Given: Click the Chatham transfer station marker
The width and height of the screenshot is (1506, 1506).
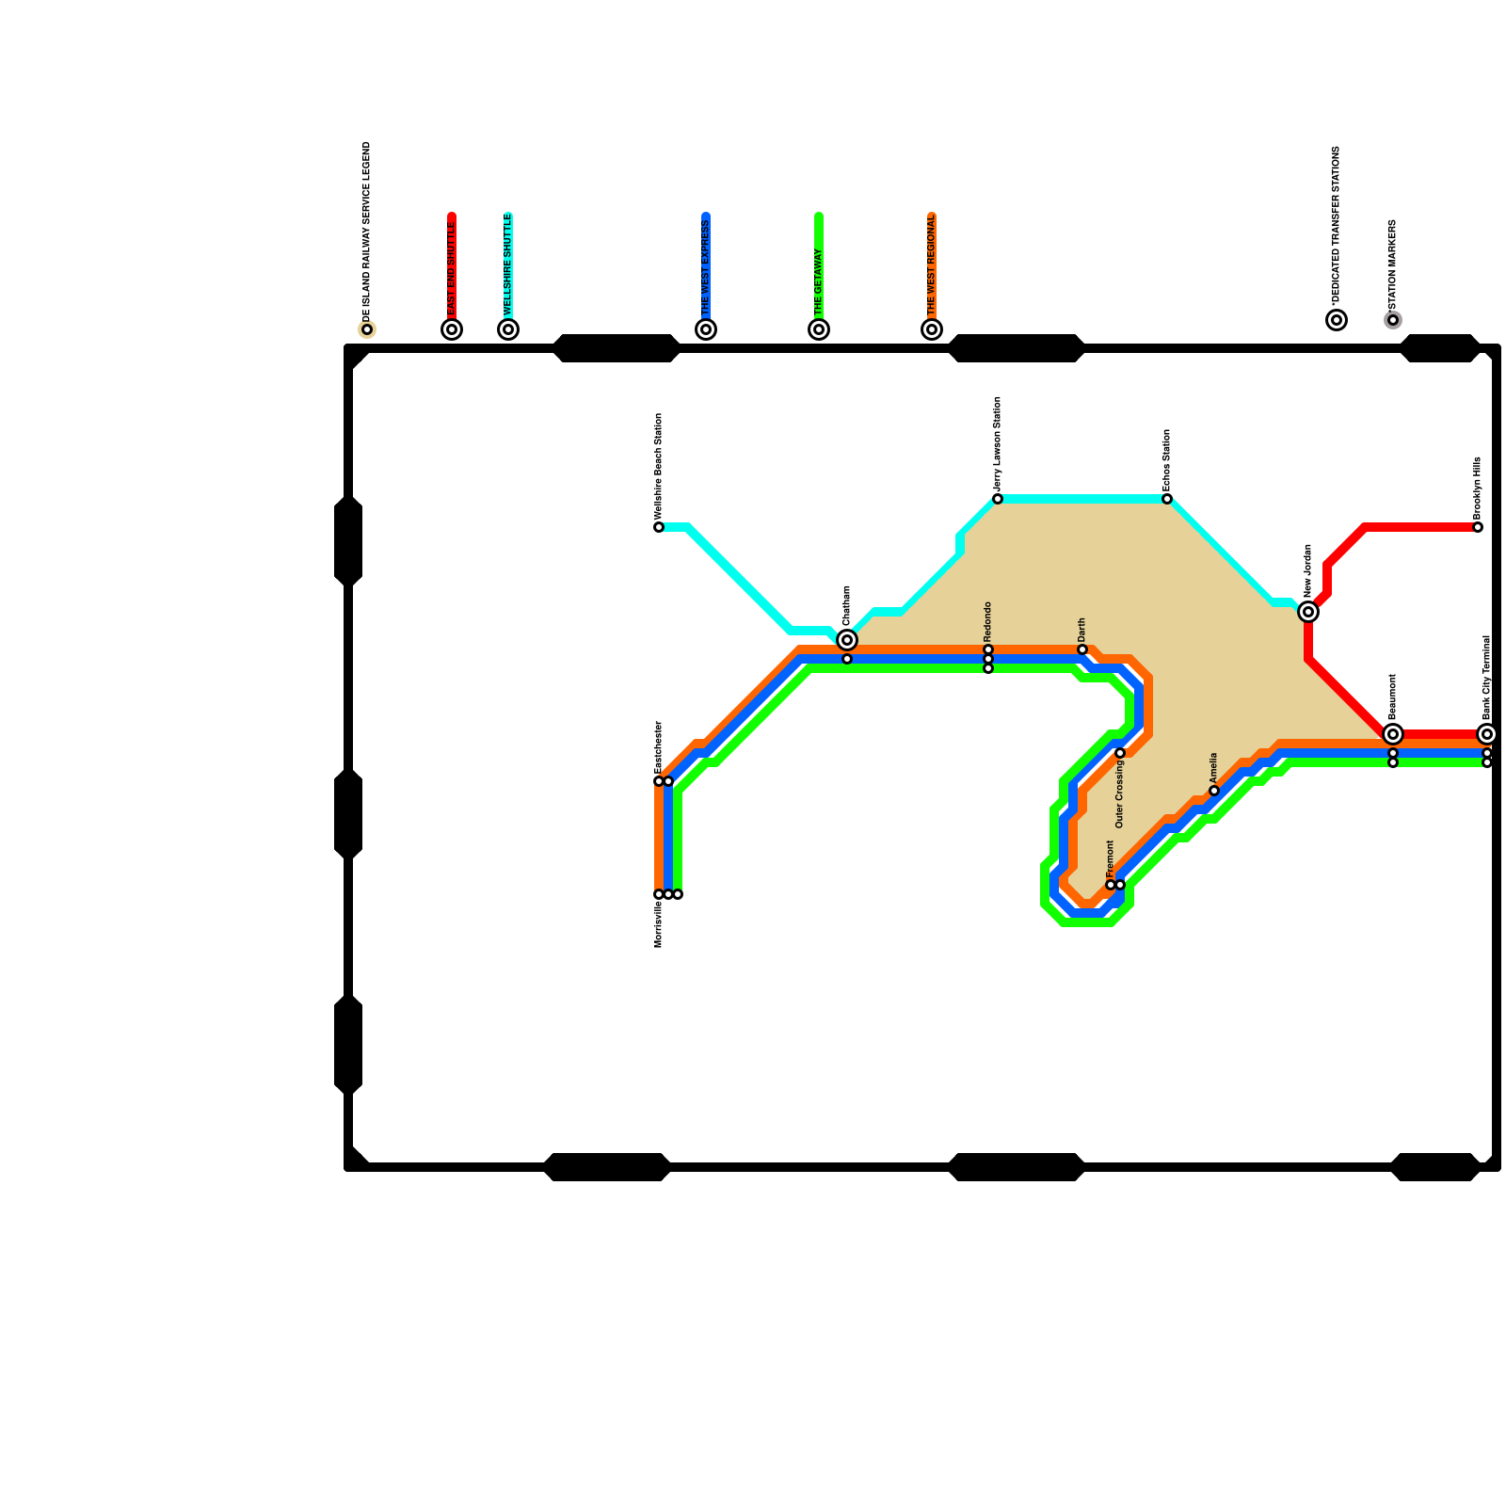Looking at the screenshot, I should pyautogui.click(x=847, y=640).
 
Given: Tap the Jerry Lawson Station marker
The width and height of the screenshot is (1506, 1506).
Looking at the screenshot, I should pyautogui.click(x=998, y=499).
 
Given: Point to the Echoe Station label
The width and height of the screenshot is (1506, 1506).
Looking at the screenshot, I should pyautogui.click(x=1167, y=459).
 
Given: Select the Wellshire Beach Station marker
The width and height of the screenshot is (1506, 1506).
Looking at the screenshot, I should pyautogui.click(x=659, y=527).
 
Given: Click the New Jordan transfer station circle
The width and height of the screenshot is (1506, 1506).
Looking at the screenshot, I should pyautogui.click(x=1308, y=612).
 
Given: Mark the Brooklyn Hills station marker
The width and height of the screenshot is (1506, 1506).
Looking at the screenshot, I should pyautogui.click(x=1478, y=527).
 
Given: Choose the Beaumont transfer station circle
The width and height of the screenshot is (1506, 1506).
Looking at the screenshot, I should pyautogui.click(x=1393, y=734).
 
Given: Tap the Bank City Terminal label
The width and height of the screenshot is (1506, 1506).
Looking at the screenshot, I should pyautogui.click(x=1487, y=678).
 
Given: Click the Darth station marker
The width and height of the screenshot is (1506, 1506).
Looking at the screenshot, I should pyautogui.click(x=1082, y=649).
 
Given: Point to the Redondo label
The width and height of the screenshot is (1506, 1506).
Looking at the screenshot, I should pyautogui.click(x=988, y=621).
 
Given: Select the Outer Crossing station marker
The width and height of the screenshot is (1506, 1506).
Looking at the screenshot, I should pyautogui.click(x=1120, y=753).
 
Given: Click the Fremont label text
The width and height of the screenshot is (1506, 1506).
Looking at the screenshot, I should pyautogui.click(x=1111, y=858).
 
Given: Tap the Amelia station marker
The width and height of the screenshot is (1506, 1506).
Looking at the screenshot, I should pyautogui.click(x=1214, y=791).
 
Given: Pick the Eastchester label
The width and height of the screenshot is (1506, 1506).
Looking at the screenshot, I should pyautogui.click(x=659, y=747).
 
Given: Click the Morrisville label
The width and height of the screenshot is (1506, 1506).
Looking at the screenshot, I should pyautogui.click(x=659, y=924).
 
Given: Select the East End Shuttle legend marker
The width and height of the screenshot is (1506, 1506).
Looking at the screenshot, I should pyautogui.click(x=452, y=329).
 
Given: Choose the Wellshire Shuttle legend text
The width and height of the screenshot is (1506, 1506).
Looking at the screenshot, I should pyautogui.click(x=508, y=265).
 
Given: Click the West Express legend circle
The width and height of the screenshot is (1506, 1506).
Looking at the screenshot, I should pyautogui.click(x=706, y=329).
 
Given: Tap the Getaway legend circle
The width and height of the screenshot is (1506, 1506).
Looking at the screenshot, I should pyautogui.click(x=819, y=329).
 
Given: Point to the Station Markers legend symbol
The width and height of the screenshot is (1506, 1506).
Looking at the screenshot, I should pyautogui.click(x=1393, y=320).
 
